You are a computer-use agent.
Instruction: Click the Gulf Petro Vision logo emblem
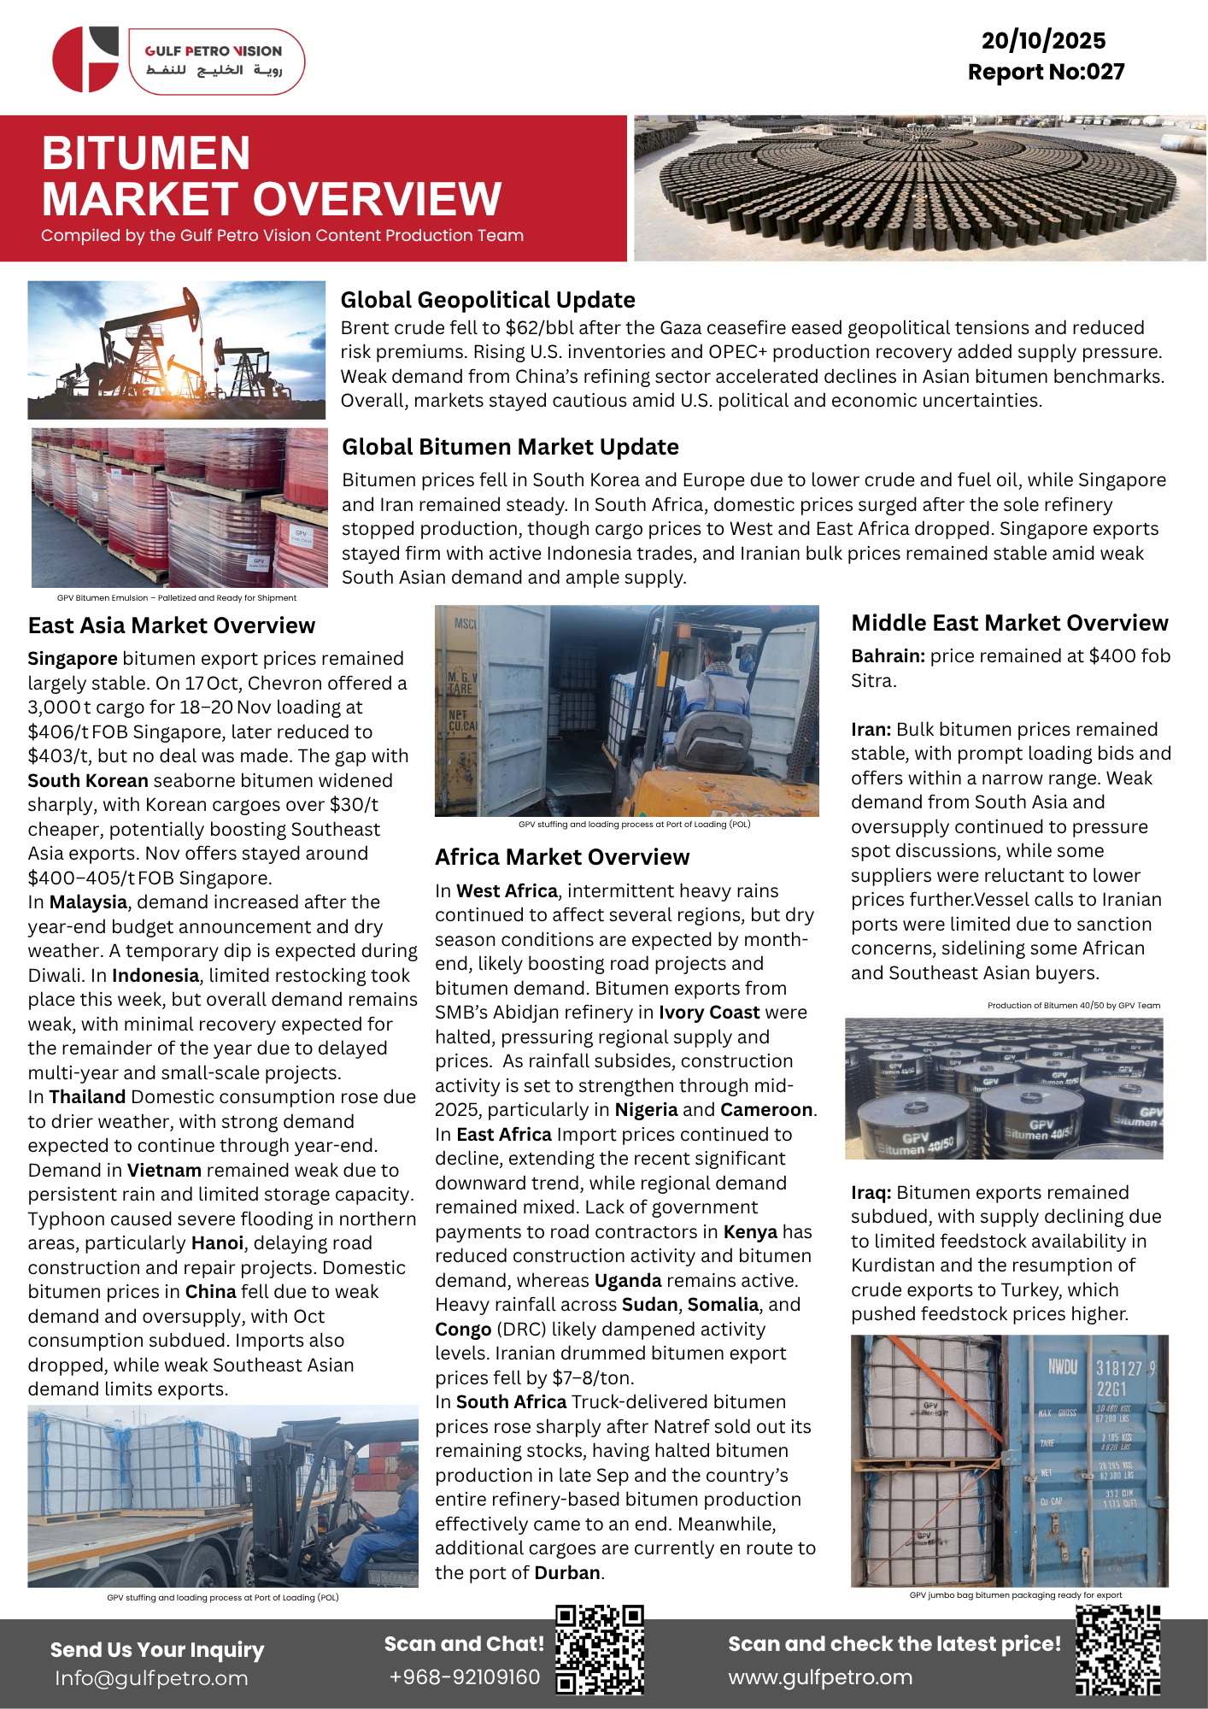(x=85, y=59)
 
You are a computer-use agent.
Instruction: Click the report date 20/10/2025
(x=1043, y=40)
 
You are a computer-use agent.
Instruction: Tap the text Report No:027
(x=1046, y=72)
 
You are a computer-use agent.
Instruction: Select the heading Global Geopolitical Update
(x=487, y=300)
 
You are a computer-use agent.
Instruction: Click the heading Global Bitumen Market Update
(x=510, y=447)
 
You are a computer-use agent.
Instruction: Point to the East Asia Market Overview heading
(x=171, y=625)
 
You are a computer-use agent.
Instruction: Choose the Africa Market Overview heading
(x=562, y=857)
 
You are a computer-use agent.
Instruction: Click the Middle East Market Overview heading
(x=1009, y=623)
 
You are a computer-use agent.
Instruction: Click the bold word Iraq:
(x=871, y=1193)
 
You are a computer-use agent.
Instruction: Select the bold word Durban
(x=566, y=1573)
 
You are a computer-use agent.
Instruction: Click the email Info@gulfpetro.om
(x=151, y=1678)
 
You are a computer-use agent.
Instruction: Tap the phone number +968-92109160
(x=464, y=1677)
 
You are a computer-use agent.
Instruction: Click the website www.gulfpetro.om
(x=820, y=1677)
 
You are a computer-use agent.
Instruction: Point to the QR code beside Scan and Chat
(x=599, y=1650)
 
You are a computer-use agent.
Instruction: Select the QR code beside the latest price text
(x=1117, y=1650)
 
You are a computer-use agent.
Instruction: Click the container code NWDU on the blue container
(x=1062, y=1367)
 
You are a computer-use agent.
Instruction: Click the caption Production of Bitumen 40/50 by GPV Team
(x=1073, y=1006)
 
